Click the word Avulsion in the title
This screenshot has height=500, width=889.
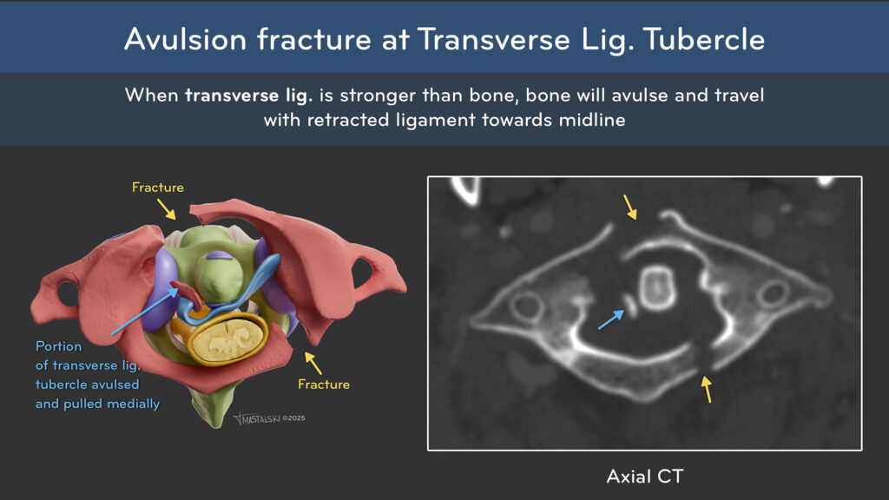point(186,39)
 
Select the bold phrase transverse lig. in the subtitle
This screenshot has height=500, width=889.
point(248,95)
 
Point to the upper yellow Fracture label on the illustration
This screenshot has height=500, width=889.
point(158,187)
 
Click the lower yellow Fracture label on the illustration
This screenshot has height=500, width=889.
point(324,385)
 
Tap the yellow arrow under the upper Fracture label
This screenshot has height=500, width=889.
point(167,208)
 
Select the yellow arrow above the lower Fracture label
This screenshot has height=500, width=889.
point(313,363)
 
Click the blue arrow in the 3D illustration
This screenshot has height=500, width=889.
point(145,312)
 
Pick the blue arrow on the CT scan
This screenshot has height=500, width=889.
point(610,319)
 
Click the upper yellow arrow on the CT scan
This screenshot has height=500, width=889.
point(630,207)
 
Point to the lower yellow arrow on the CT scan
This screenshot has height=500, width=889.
point(707,390)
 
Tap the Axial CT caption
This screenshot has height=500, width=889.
point(645,477)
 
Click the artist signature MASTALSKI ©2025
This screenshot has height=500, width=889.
point(270,418)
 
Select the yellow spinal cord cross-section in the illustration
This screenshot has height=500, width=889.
point(227,339)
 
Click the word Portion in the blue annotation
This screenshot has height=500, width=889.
point(58,346)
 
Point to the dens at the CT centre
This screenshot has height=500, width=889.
point(656,288)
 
